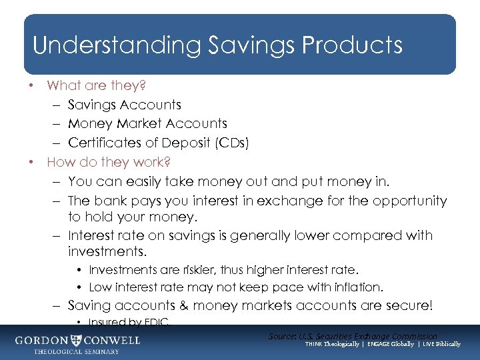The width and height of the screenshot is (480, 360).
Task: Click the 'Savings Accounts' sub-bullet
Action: coord(124,105)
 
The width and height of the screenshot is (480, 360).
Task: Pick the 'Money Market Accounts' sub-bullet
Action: coord(147,123)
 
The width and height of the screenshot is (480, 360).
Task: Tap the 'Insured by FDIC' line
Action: coord(129,323)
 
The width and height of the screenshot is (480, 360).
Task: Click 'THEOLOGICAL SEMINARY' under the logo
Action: coord(77,351)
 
